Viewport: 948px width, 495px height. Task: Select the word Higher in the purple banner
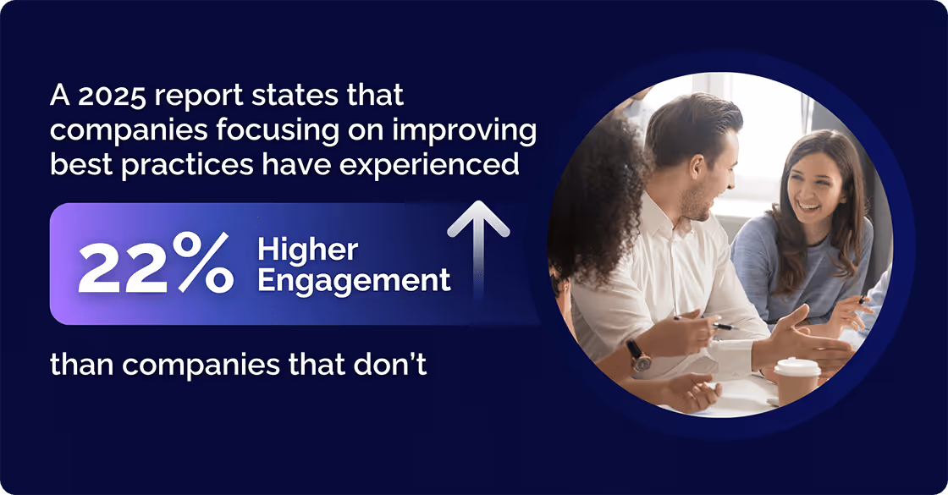pyautogui.click(x=307, y=250)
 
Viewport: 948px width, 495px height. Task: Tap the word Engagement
pyautogui.click(x=354, y=280)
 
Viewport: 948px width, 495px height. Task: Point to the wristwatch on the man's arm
pyautogui.click(x=639, y=355)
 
